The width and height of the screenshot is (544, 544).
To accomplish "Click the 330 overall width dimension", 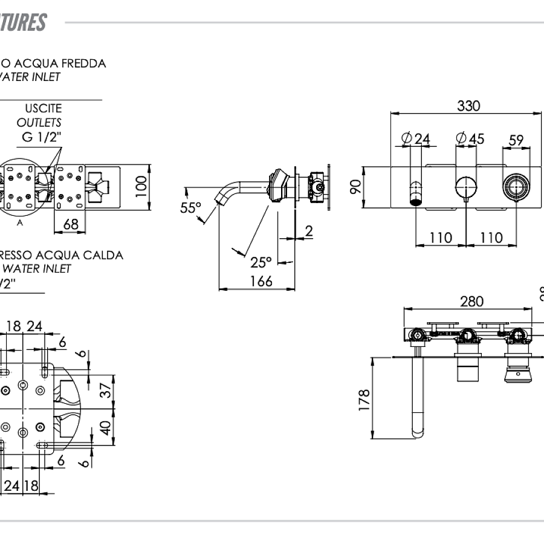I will point(468,106).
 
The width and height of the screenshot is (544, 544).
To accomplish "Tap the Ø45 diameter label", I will point(470,139).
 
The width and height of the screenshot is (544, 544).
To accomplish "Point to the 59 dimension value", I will point(516,140).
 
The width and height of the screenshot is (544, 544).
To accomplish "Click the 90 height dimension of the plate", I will point(356,187).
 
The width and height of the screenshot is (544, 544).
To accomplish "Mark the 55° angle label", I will point(190,208).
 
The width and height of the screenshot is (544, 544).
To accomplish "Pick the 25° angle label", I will point(261,262).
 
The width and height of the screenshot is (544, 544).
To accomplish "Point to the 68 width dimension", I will point(71,224).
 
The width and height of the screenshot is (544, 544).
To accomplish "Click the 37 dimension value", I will point(106,391).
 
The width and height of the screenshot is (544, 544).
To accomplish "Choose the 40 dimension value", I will point(106,429).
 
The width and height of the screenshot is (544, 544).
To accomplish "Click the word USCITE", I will point(43,109).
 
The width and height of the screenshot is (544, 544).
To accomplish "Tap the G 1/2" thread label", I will point(42,137).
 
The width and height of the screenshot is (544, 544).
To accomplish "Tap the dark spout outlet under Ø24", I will point(416,200).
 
